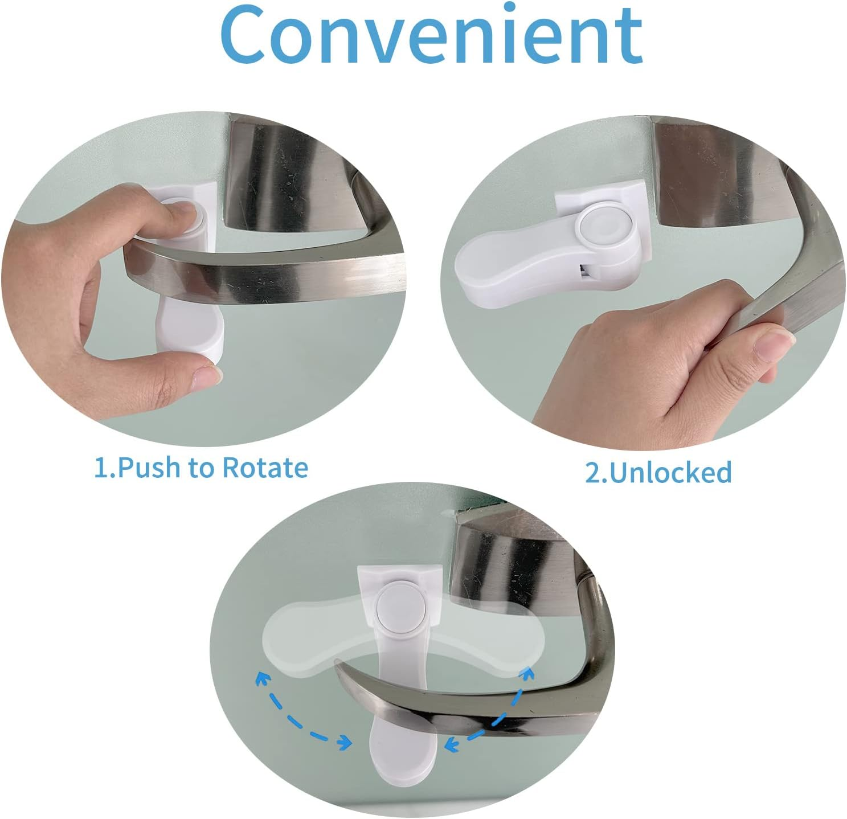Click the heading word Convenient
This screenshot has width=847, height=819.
click(431, 35)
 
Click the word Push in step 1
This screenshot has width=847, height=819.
click(149, 468)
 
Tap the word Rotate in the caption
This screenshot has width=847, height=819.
click(265, 468)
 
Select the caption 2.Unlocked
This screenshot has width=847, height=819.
click(658, 473)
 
